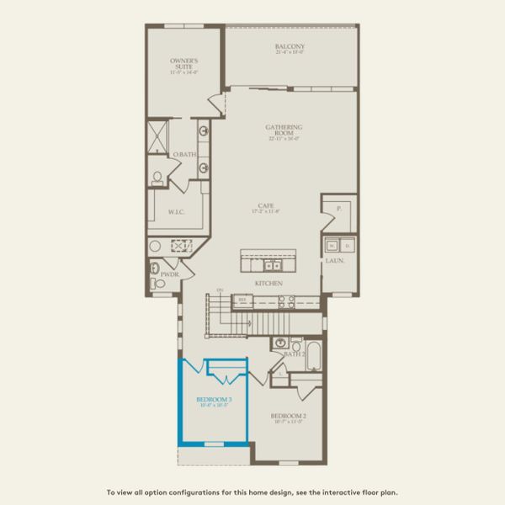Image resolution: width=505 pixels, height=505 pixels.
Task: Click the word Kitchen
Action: point(268,284)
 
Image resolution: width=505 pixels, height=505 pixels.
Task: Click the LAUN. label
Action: point(335,261)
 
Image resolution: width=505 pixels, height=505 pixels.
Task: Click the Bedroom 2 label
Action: point(288,417)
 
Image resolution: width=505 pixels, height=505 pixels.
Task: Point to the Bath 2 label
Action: point(295,354)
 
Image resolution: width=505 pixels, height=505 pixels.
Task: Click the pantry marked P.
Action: point(339,207)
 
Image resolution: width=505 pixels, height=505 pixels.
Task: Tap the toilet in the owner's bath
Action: point(157,178)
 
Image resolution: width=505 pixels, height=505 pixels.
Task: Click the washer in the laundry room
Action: point(332,245)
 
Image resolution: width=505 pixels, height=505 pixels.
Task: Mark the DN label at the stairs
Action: point(220,290)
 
